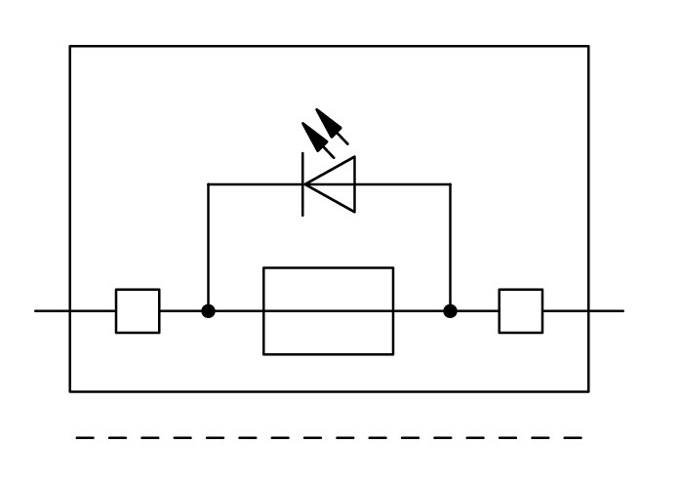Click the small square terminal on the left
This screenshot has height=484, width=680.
coord(138,311)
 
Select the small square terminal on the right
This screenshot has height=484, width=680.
coord(520,311)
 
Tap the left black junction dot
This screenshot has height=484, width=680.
coord(208,311)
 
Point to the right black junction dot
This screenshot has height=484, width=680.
coord(450,311)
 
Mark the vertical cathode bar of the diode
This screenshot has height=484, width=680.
coord(303,183)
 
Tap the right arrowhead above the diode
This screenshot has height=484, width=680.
coord(333,124)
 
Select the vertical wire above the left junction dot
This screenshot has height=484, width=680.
coord(208,244)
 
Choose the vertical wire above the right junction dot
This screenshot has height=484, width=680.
coord(450,244)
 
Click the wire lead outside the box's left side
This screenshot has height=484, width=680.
coord(52,311)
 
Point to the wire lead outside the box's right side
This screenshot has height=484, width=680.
coord(606,311)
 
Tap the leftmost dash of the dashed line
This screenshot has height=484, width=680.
coord(85,438)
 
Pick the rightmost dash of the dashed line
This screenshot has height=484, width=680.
coord(574,438)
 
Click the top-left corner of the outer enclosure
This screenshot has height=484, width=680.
coord(70,46)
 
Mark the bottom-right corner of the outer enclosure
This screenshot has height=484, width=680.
coord(588,391)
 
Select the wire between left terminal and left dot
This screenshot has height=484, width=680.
coord(182,311)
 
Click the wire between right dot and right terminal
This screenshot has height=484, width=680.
coord(476,311)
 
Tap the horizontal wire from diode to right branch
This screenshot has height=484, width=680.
coord(402,183)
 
